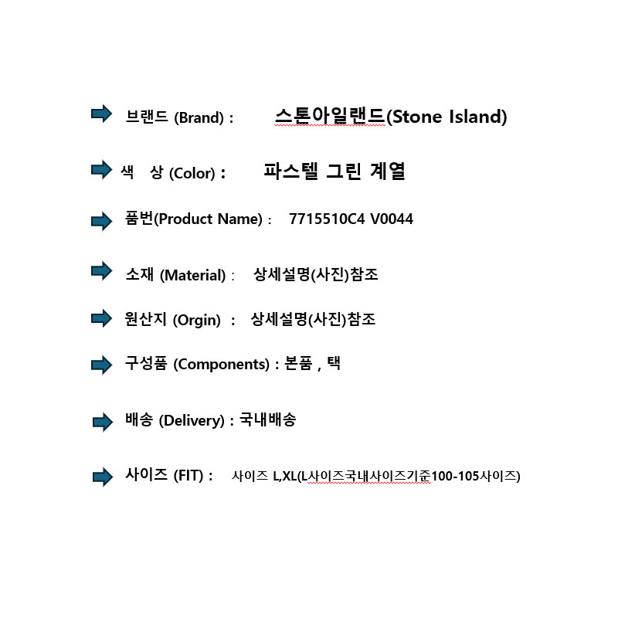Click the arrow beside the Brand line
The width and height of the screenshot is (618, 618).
pos(102,114)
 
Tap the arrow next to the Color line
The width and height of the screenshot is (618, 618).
pos(102,169)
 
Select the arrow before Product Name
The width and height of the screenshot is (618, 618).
pos(102,221)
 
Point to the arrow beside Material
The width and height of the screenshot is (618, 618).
pos(102,271)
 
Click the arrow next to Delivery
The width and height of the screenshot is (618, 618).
pos(103,422)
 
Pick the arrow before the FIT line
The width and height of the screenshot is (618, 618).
pos(103,477)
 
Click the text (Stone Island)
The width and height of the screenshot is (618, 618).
pos(447,117)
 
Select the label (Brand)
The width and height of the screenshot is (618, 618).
pos(199,118)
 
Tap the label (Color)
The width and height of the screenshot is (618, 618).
pos(192,173)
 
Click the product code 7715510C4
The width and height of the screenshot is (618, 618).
pos(327,219)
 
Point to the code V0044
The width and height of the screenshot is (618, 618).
pos(392,219)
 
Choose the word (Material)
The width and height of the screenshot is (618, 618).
pos(192,275)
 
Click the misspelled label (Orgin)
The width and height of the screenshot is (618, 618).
pos(197,320)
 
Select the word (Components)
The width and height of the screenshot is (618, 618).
pos(222,365)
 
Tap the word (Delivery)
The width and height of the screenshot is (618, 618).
pos(192,420)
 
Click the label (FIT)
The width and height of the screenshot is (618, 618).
pos(188,476)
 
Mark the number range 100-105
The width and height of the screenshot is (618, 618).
pos(455,476)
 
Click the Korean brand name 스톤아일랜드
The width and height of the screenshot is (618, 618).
pos(330,116)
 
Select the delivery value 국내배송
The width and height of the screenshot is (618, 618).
pos(267,419)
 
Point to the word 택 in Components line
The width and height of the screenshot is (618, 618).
pos(334,363)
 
